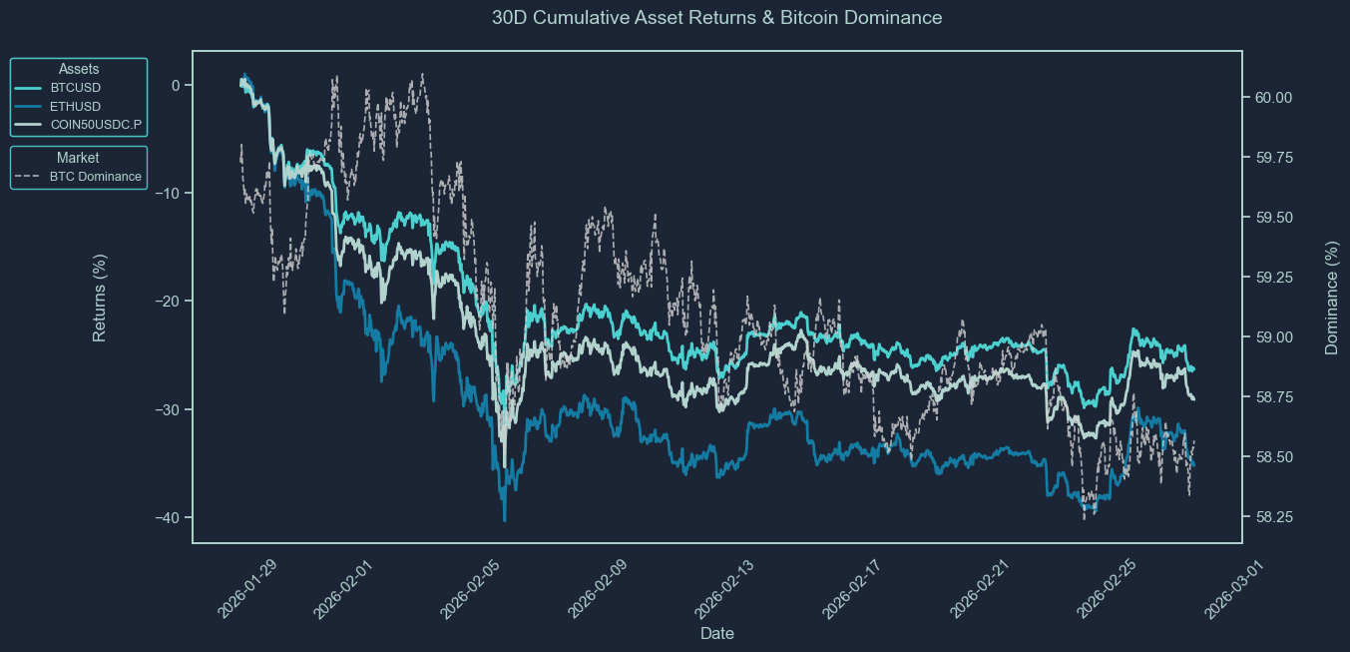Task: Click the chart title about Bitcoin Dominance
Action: click(716, 18)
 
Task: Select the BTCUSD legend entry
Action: click(76, 88)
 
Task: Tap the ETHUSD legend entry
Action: click(76, 106)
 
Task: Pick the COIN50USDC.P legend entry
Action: click(96, 124)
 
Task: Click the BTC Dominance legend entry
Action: click(96, 177)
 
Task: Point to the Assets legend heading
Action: click(78, 69)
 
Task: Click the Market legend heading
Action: click(78, 158)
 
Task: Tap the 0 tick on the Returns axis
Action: click(176, 86)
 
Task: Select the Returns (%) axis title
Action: click(100, 297)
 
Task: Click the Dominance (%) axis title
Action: click(1331, 297)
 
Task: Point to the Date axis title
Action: click(716, 633)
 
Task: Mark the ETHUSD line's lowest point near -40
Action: click(505, 519)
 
